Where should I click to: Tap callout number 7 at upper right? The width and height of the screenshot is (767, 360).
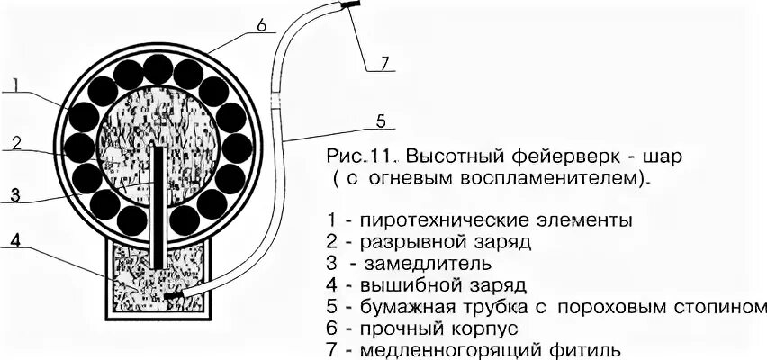point(383,63)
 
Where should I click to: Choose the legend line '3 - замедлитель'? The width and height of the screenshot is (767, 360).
point(411,264)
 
